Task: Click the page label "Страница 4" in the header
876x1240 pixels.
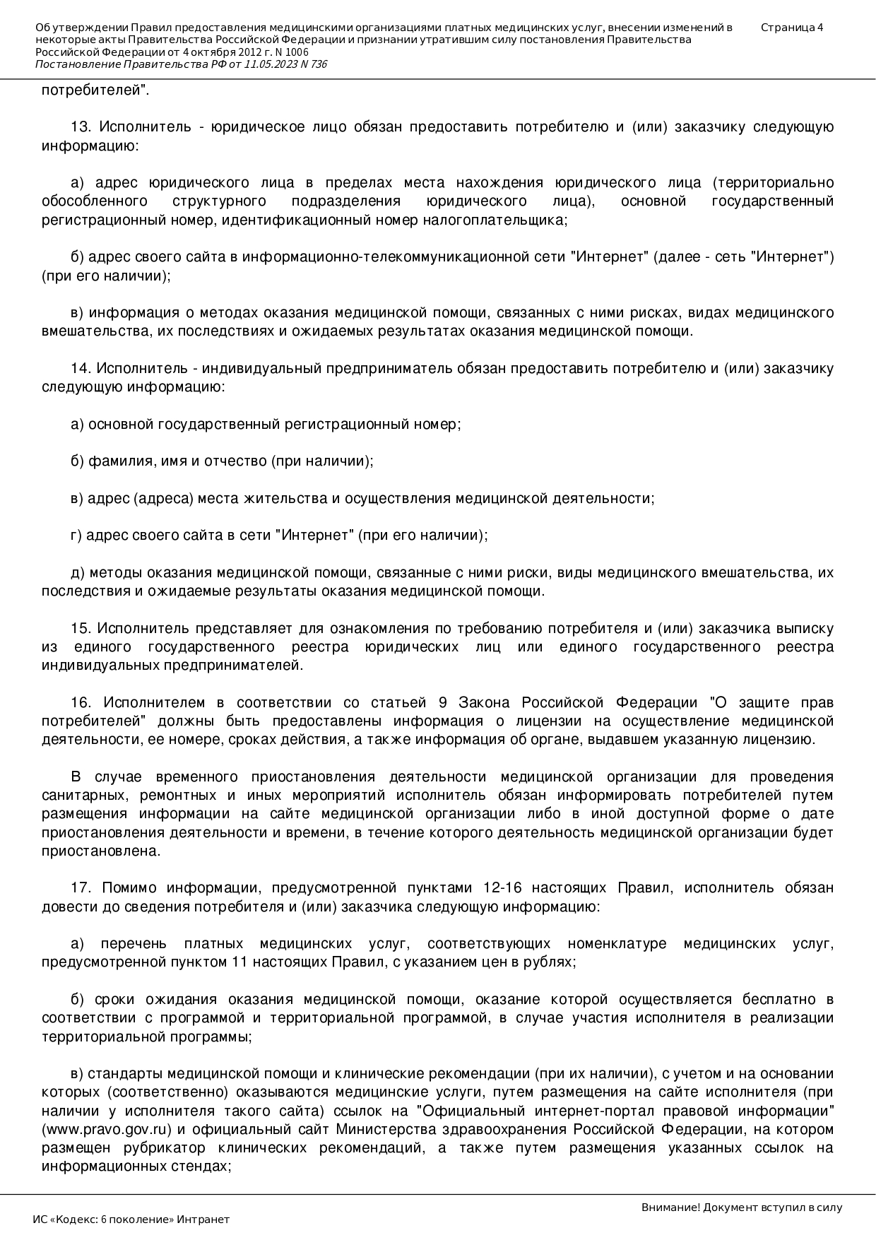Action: [792, 28]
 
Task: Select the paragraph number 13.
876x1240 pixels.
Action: [81, 127]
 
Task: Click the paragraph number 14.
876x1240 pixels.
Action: [80, 368]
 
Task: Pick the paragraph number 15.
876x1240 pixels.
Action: [81, 628]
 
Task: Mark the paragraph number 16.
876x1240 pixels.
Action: [81, 702]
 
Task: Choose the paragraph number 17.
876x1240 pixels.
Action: [81, 887]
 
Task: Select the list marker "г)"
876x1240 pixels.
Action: [76, 535]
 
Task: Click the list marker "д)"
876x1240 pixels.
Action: [78, 572]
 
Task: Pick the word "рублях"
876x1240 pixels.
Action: [552, 962]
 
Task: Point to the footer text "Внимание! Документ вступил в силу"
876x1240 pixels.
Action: [742, 1207]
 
